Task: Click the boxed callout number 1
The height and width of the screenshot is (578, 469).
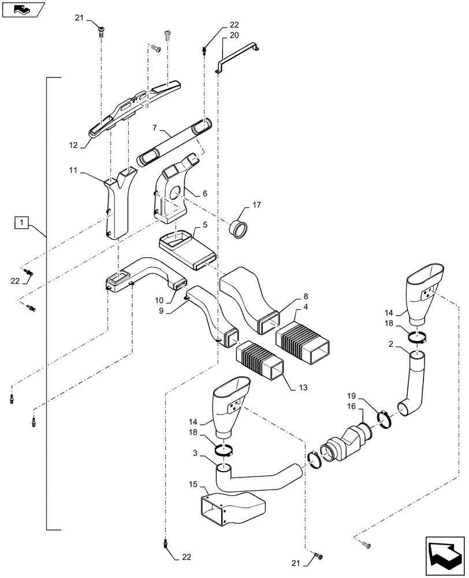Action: coord(21,222)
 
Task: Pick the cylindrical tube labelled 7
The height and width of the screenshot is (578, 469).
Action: coord(173,140)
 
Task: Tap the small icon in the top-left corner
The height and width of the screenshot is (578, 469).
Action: coord(21,9)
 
